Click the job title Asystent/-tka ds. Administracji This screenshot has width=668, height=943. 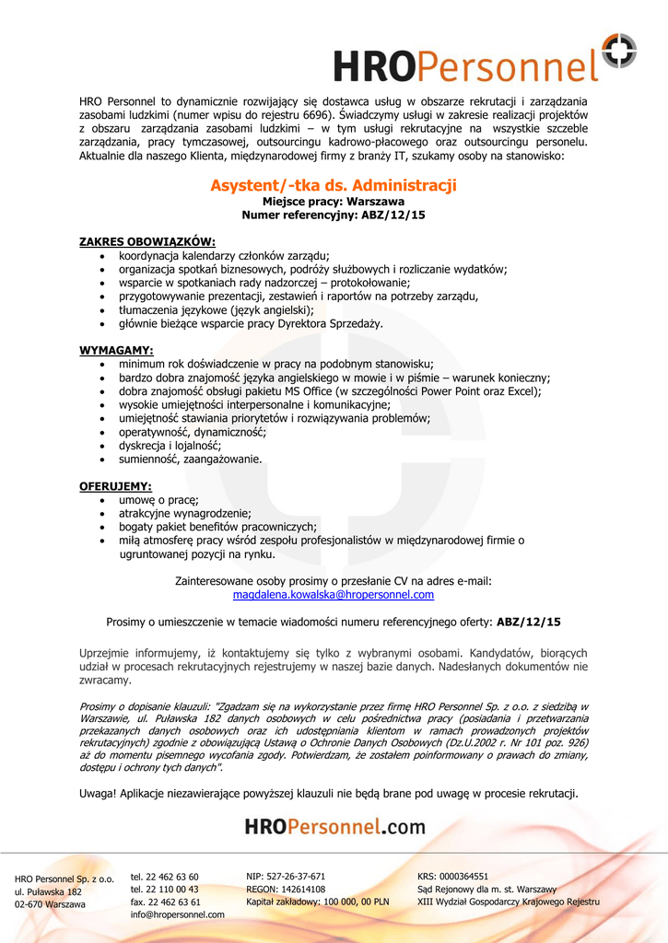[334, 185]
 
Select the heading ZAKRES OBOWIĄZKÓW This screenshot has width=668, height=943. [146, 241]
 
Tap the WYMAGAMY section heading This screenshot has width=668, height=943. [116, 350]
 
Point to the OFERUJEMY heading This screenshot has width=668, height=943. [115, 485]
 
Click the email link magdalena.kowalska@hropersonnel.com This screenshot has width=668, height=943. [334, 595]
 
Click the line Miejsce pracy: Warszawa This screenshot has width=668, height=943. [334, 201]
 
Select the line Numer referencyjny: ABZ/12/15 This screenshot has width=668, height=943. [334, 215]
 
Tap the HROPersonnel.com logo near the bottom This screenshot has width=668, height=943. [334, 826]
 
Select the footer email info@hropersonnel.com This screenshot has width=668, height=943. [178, 914]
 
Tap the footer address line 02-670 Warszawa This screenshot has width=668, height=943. [50, 904]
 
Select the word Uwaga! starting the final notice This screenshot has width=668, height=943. [97, 793]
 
